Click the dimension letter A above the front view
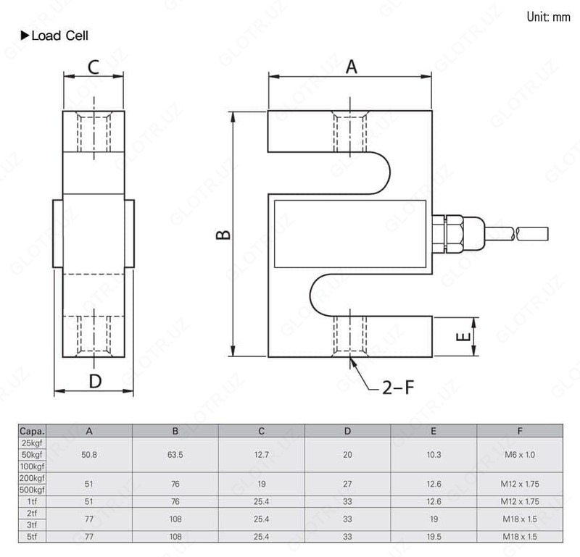(x=352, y=67)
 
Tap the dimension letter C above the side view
(x=94, y=67)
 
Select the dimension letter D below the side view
(x=94, y=381)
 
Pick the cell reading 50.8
(x=89, y=454)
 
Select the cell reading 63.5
(x=175, y=454)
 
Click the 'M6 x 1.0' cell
(x=520, y=454)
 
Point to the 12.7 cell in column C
(x=261, y=454)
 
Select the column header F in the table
(x=520, y=431)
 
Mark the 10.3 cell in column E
(x=434, y=454)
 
